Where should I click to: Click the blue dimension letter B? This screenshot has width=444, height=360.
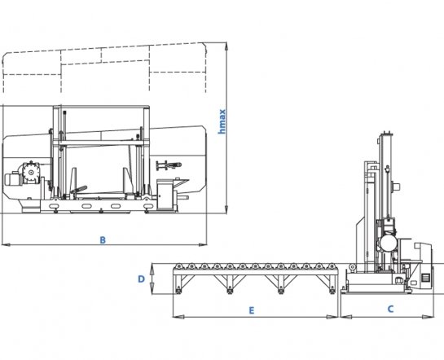103,240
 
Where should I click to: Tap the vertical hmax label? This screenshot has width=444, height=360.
222,121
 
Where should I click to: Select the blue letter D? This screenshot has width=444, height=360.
141,279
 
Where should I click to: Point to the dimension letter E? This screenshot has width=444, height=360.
252,310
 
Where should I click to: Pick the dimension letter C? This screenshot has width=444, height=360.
390,309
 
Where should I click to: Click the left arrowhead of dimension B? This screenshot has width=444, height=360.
7,244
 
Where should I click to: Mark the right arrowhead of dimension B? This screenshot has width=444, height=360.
203,244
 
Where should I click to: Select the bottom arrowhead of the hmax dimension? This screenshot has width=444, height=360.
226,209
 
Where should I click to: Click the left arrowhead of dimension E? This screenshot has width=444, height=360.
178,317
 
